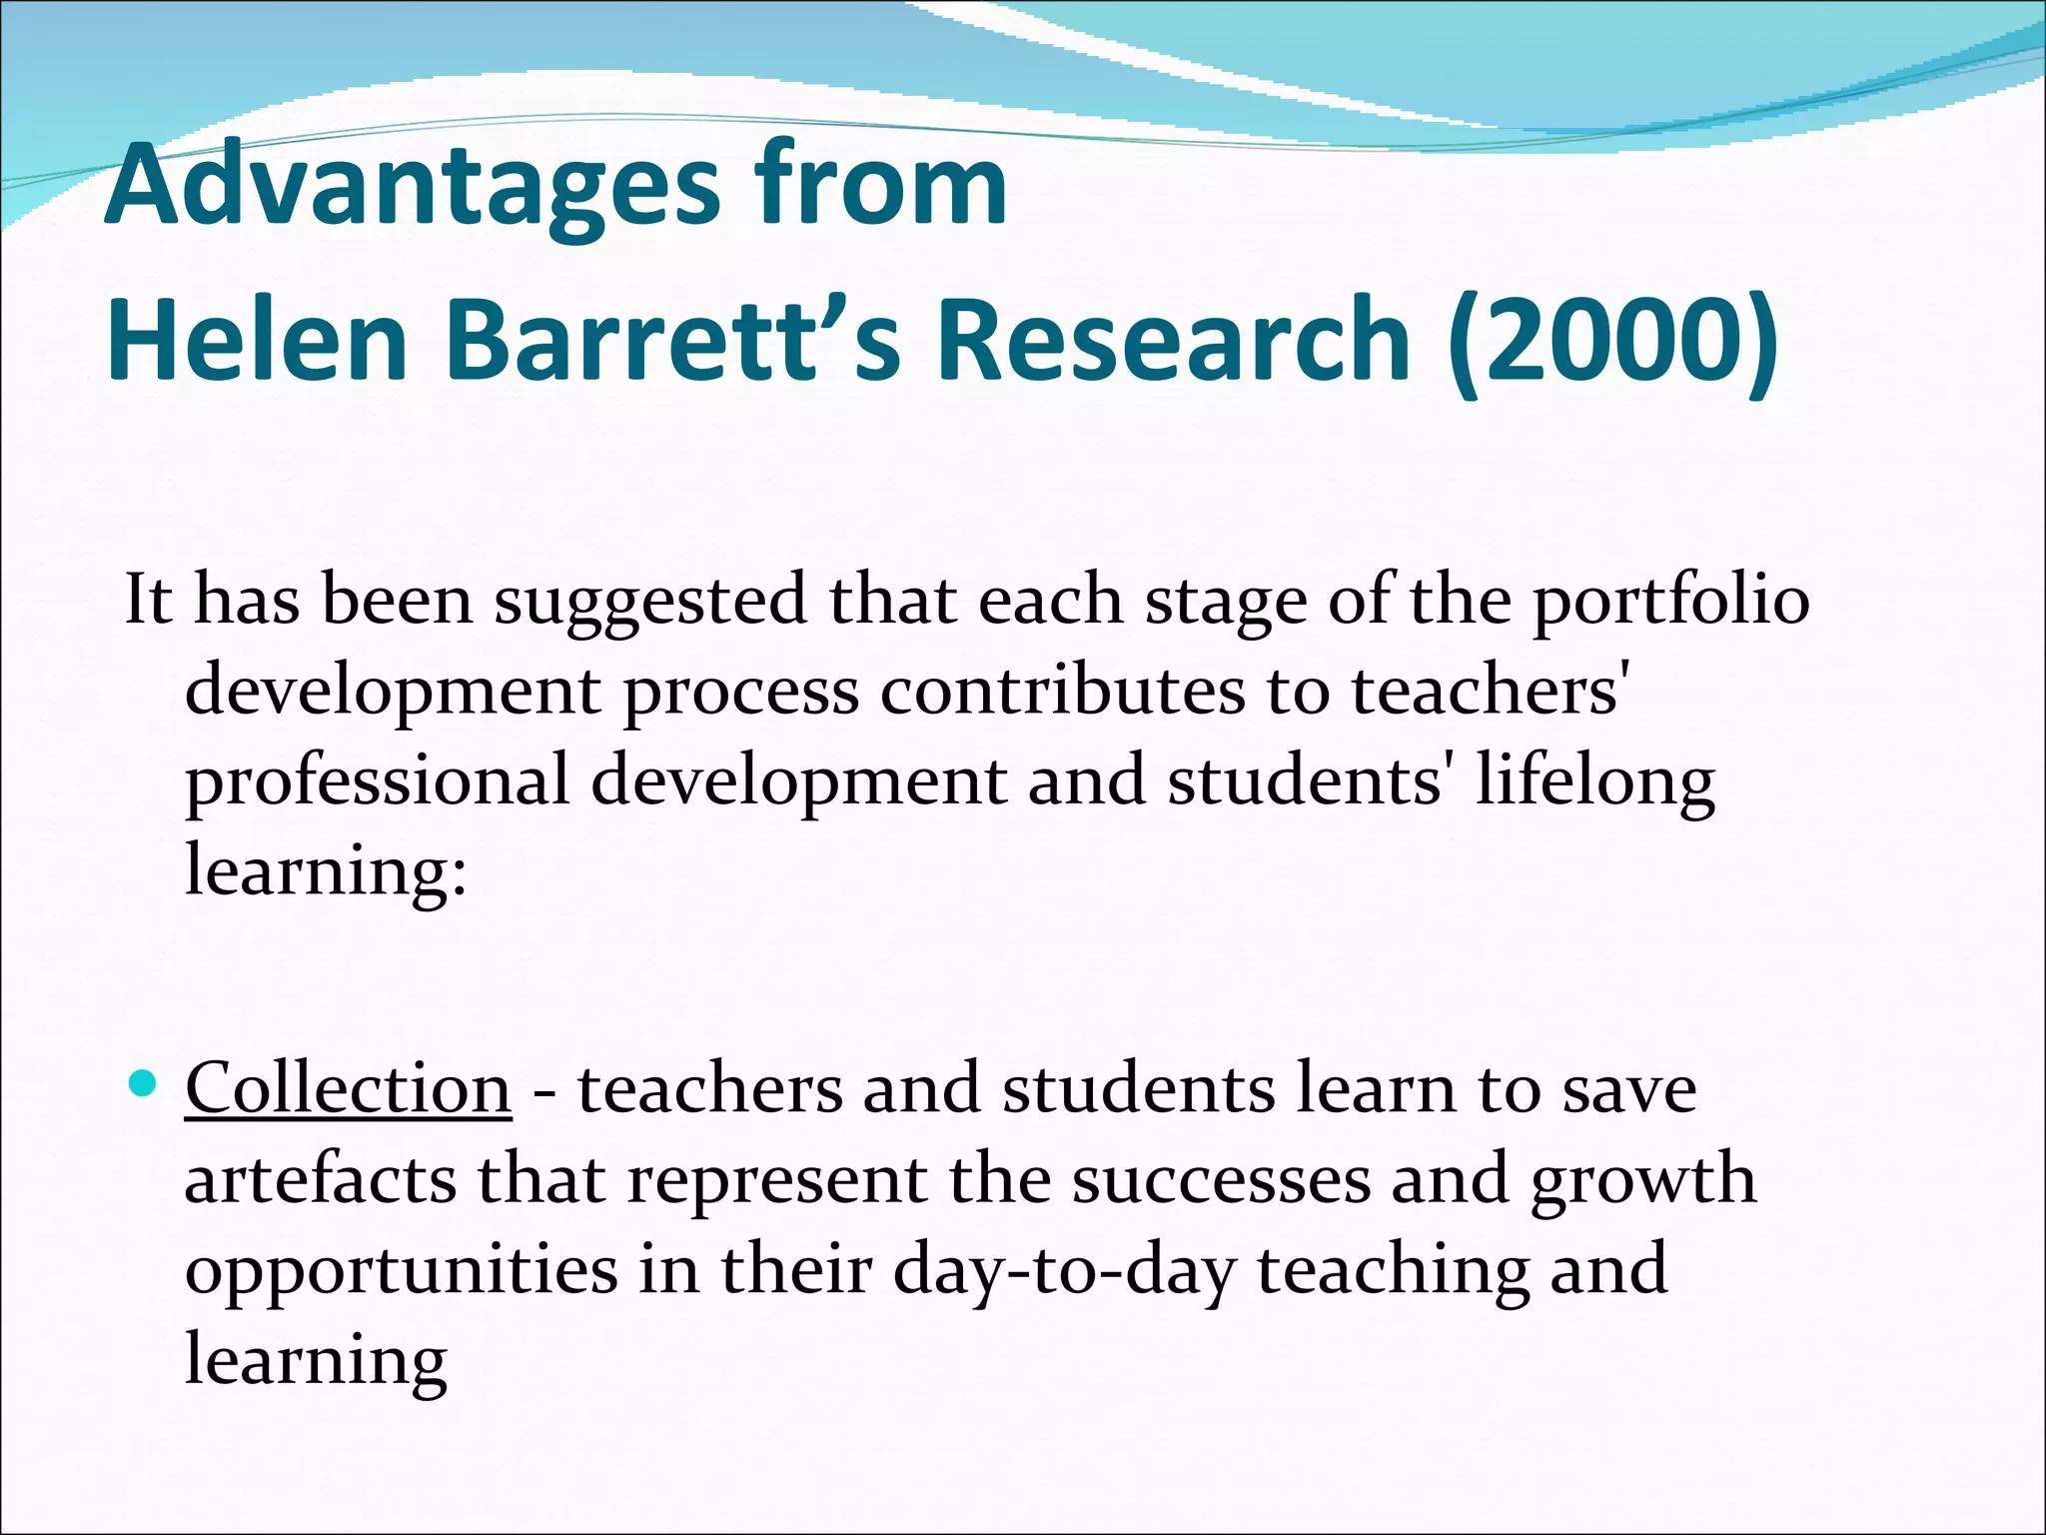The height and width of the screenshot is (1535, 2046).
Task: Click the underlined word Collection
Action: pos(348,1088)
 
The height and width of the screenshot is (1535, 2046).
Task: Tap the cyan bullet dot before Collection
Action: pos(145,1082)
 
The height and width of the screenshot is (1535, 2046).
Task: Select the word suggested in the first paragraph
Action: pos(650,601)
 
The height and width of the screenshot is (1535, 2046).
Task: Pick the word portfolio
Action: pos(1671,601)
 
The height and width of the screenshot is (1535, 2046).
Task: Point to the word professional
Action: pos(378,781)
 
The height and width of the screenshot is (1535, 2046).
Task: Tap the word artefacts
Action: pos(321,1179)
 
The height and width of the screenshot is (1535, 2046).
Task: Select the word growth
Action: pos(1643,1179)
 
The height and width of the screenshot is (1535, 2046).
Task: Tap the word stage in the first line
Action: pos(1225,601)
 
